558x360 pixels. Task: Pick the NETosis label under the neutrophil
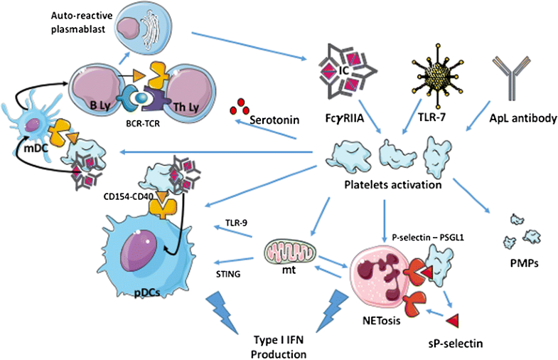[365, 320]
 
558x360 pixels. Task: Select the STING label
[229, 269]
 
